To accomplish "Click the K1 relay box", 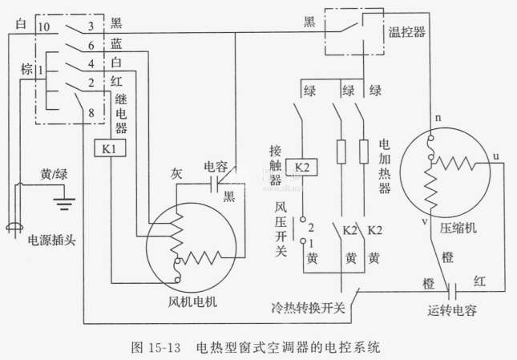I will [x=109, y=149].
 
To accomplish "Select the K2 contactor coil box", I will [x=298, y=168].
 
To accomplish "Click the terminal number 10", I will [x=44, y=26].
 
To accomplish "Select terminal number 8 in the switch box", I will [x=92, y=113].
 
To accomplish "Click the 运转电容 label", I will [x=454, y=310].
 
